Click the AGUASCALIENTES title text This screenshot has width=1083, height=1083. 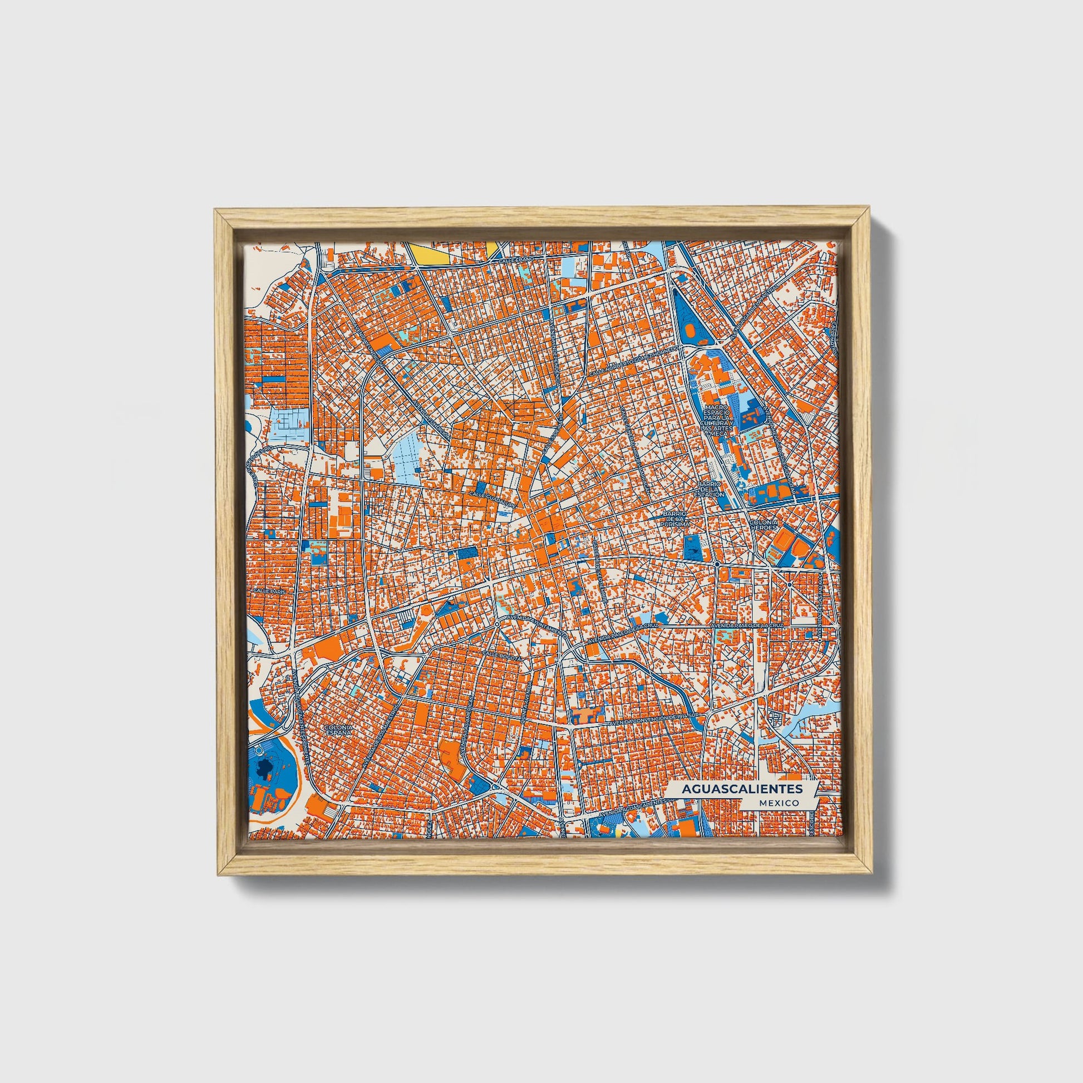(742, 788)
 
